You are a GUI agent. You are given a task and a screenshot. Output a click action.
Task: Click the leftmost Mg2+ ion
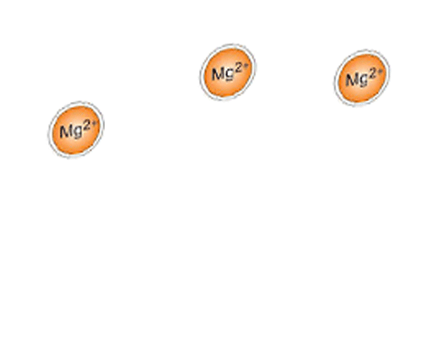tap(76, 130)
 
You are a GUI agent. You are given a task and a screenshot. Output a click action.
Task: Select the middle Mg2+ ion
tap(228, 73)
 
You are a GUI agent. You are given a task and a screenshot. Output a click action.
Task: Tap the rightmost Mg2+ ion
tap(362, 78)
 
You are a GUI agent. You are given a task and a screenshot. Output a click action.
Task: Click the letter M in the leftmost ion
tap(65, 132)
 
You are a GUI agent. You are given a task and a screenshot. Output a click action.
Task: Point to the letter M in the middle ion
tap(217, 74)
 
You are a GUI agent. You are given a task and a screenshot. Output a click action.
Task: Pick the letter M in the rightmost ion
tap(351, 79)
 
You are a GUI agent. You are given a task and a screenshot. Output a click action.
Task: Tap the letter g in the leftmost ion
tap(77, 132)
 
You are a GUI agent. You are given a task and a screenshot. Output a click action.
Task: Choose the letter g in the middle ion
tap(229, 74)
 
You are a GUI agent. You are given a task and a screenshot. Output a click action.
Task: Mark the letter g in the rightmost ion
tap(363, 80)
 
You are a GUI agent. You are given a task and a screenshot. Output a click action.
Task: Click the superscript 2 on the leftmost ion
tap(87, 126)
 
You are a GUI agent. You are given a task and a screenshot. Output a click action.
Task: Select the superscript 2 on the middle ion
tap(239, 68)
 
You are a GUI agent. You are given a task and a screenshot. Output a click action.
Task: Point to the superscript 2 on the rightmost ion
tap(372, 73)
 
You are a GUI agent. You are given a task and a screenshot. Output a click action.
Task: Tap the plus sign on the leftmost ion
tap(94, 123)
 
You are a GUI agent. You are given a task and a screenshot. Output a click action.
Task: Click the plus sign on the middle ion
tap(246, 66)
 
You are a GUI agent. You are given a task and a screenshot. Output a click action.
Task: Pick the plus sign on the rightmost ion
tap(381, 72)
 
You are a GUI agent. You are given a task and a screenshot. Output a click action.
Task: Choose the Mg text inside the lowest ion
tap(71, 132)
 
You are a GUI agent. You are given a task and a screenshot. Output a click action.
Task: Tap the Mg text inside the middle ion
tap(223, 74)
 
